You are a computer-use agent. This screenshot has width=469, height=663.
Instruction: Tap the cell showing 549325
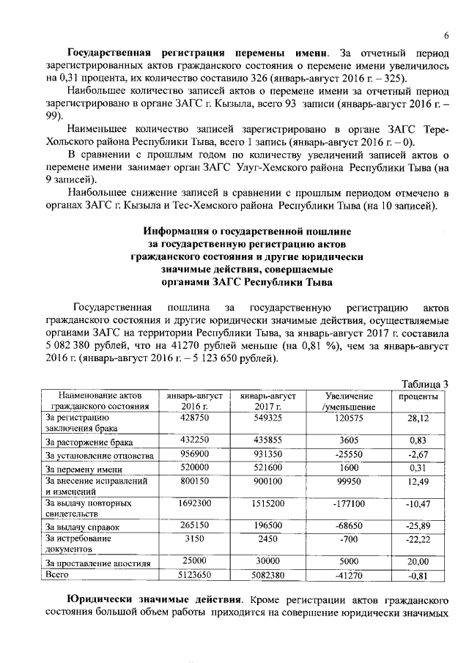[262, 417]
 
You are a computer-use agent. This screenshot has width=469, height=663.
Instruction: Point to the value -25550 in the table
[339, 456]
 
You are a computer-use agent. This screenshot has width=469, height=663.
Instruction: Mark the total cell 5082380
[262, 576]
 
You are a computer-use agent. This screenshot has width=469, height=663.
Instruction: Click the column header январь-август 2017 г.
[262, 401]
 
